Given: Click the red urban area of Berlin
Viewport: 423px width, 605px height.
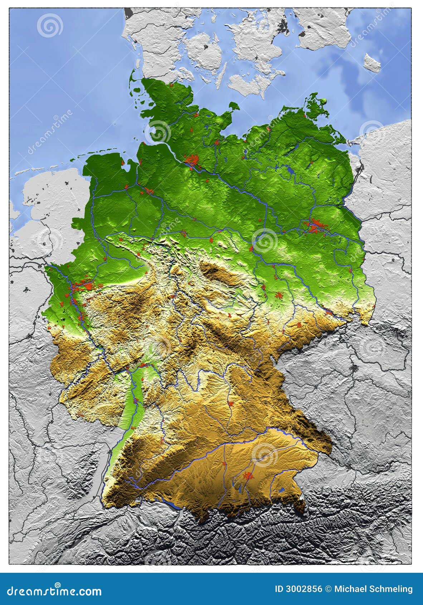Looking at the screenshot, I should tap(315, 226).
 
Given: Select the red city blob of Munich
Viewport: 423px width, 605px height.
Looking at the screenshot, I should tap(248, 475).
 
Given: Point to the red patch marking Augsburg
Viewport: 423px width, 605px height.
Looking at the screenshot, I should tap(225, 464).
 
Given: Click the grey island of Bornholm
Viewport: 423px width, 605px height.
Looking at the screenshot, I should tap(372, 63).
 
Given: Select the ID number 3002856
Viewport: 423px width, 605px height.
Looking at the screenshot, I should tap(298, 589).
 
